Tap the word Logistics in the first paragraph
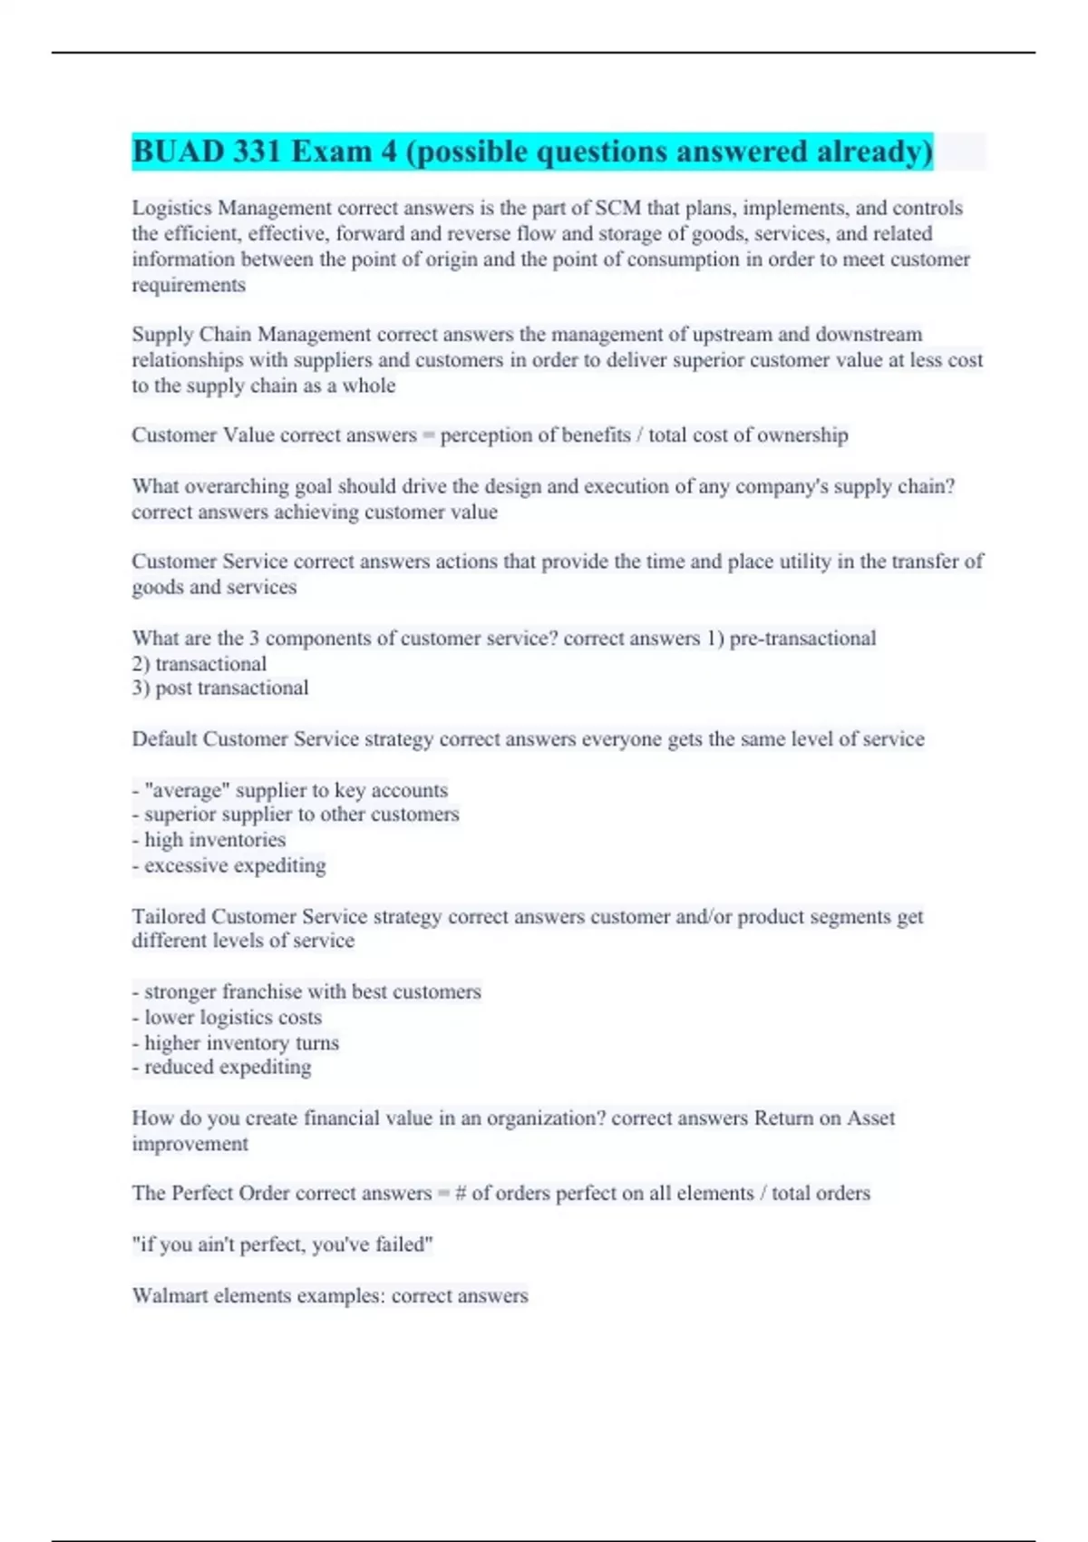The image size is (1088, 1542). (x=171, y=208)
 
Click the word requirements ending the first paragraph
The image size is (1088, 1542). (x=189, y=285)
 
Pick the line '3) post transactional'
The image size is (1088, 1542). (x=220, y=688)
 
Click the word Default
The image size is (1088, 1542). (x=164, y=738)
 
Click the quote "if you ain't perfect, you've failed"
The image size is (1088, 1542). (x=282, y=1244)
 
